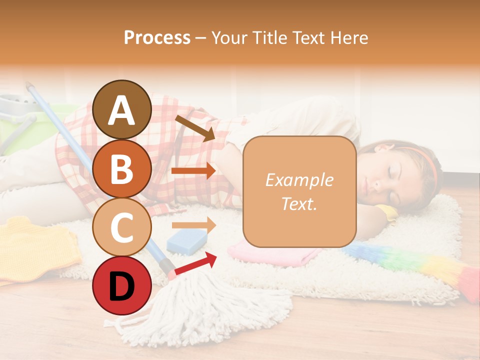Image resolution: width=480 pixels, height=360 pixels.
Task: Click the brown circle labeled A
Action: (122, 109)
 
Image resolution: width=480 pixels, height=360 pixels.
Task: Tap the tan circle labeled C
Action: (122, 227)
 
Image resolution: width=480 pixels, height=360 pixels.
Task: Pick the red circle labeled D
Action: (122, 286)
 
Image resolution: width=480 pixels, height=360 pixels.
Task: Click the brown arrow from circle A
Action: (194, 127)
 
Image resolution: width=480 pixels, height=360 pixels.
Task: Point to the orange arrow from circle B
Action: (193, 171)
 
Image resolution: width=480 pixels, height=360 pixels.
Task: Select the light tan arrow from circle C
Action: (193, 225)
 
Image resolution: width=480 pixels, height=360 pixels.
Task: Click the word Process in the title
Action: (157, 37)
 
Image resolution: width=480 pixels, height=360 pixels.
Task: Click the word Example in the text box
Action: (299, 180)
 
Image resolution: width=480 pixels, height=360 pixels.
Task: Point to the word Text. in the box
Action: (299, 203)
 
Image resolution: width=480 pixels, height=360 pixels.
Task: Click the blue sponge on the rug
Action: (187, 240)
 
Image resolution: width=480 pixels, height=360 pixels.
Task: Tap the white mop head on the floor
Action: (200, 310)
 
